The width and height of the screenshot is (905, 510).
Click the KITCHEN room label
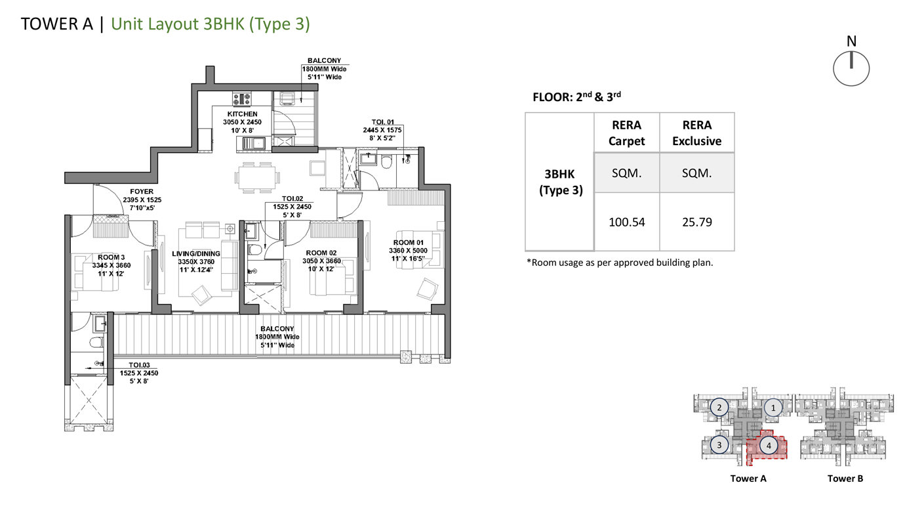tap(243, 114)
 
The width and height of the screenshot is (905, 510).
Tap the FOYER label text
tap(142, 192)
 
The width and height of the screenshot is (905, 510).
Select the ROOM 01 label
tap(409, 243)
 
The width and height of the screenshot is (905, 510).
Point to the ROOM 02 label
tap(321, 253)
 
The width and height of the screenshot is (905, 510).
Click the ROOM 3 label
tap(111, 257)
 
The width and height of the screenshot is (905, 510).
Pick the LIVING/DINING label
tap(196, 253)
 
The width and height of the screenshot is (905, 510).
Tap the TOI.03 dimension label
tap(140, 365)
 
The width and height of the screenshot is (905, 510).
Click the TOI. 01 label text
tap(382, 122)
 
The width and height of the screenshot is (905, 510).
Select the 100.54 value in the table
tap(627, 222)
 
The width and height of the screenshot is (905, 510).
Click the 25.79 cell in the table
tap(697, 222)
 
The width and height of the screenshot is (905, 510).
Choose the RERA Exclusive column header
tap(697, 133)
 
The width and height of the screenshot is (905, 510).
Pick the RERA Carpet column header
tap(627, 133)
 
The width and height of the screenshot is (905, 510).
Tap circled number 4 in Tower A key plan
tap(769, 446)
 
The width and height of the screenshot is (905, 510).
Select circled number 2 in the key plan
tap(719, 408)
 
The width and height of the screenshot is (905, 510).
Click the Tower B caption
tap(845, 478)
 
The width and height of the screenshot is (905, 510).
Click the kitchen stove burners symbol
tap(241, 99)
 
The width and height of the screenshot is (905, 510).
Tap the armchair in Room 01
tap(428, 289)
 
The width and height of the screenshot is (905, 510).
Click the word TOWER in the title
tap(50, 24)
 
